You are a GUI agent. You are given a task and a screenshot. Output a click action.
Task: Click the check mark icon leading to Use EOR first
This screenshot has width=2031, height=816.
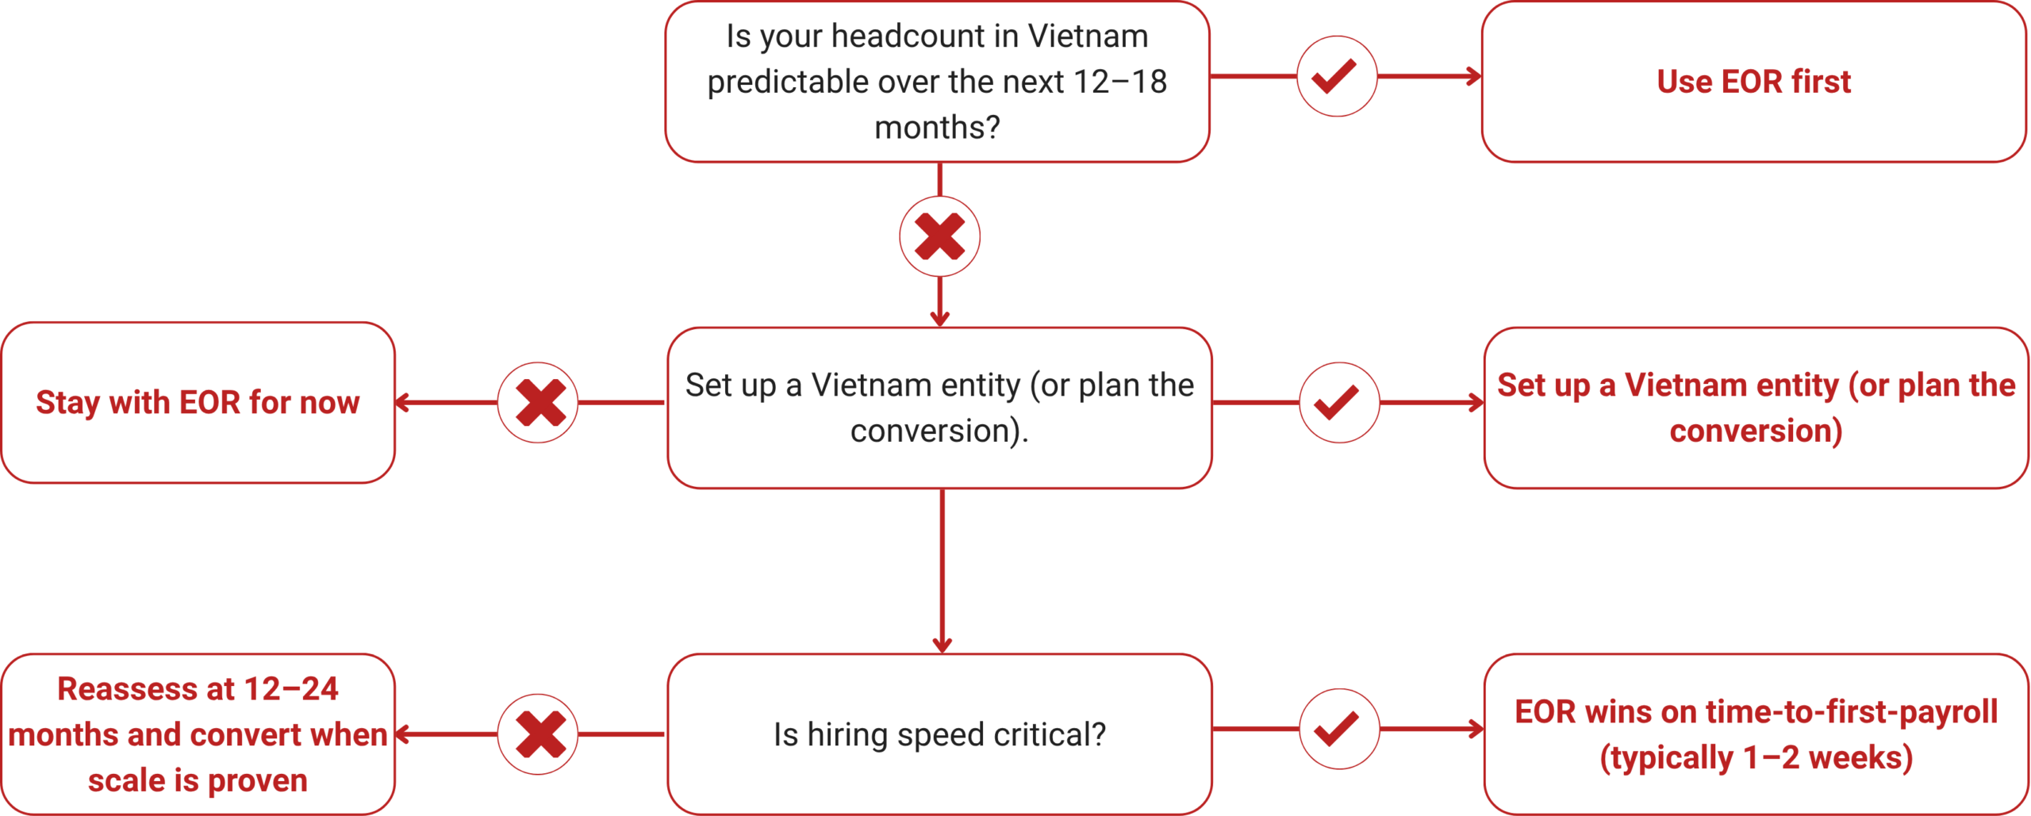click(x=1336, y=76)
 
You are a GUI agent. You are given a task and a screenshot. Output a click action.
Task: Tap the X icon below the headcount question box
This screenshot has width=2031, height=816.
click(x=939, y=236)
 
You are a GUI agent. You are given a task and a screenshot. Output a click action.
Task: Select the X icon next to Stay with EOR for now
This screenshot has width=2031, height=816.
click(x=539, y=402)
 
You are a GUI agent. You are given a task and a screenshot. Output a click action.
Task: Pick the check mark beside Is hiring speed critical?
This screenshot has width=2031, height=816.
click(x=1338, y=728)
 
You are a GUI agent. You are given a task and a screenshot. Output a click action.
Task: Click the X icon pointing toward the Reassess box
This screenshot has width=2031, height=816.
click(x=539, y=734)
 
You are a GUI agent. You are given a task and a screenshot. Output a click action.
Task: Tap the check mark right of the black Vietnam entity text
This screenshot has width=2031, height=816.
click(x=1338, y=402)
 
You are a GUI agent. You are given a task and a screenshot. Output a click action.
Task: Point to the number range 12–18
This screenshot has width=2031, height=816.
click(x=1119, y=82)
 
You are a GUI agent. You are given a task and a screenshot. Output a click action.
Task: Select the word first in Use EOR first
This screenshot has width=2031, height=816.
click(x=1821, y=82)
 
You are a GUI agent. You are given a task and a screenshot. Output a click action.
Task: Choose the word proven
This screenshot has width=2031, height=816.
click(x=257, y=780)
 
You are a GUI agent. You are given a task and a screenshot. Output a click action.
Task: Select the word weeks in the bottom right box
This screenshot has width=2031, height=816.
click(x=1860, y=757)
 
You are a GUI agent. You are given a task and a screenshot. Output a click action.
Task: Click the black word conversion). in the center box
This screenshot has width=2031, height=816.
click(x=939, y=431)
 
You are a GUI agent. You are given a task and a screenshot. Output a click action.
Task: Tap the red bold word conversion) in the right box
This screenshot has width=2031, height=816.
click(x=1755, y=431)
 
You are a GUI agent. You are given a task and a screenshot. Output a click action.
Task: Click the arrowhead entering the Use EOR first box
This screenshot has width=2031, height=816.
click(x=1475, y=76)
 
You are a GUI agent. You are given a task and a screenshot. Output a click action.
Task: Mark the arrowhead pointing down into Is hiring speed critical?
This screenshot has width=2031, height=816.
click(x=942, y=645)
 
